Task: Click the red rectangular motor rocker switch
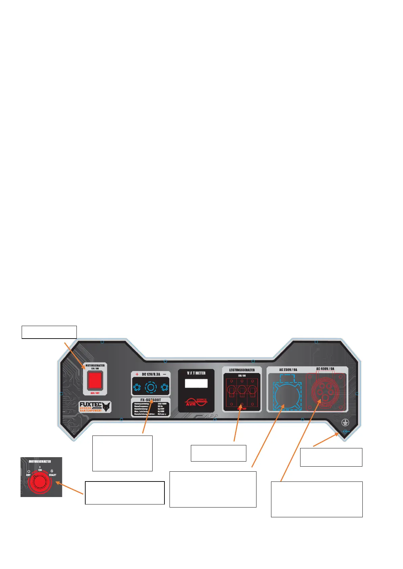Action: pyautogui.click(x=95, y=380)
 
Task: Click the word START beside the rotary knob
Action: pyautogui.click(x=52, y=475)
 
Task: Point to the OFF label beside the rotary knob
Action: pyautogui.click(x=28, y=475)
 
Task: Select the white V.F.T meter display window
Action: pyautogui.click(x=196, y=383)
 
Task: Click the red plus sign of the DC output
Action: pyautogui.click(x=137, y=374)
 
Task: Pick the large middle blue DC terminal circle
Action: pyautogui.click(x=151, y=387)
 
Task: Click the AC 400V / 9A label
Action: pyautogui.click(x=325, y=369)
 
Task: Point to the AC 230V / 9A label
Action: pyautogui.click(x=288, y=370)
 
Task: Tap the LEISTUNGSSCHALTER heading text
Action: pyautogui.click(x=242, y=370)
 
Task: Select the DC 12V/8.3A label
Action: pyautogui.click(x=151, y=374)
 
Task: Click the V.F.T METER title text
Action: pyautogui.click(x=196, y=373)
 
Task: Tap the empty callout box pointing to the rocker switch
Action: pyautogui.click(x=49, y=332)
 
